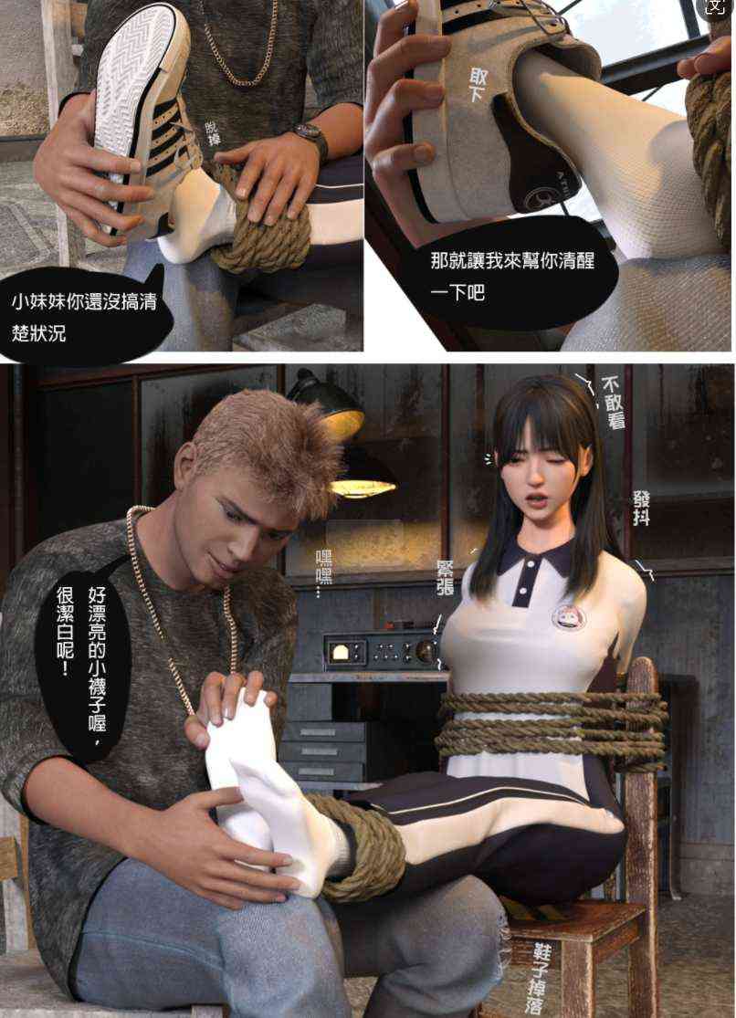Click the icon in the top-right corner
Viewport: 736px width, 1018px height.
pos(715,7)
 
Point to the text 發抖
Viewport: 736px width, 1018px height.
pos(641,507)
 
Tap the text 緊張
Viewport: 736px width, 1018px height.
pos(446,578)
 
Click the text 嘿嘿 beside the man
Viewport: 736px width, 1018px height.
pos(323,572)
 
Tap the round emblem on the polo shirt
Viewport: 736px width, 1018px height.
pos(569,617)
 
